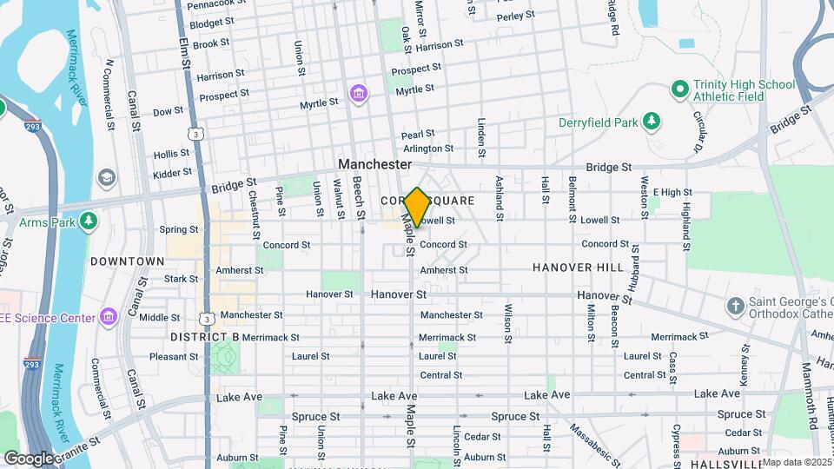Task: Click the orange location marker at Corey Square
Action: (417, 207)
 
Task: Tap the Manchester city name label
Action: (374, 164)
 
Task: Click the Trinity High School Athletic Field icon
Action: (679, 90)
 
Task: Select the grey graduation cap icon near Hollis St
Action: (106, 178)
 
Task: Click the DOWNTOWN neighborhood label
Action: (128, 261)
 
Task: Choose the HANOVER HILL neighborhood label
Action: (578, 268)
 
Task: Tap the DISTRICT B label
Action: (204, 336)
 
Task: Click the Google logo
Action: (28, 458)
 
